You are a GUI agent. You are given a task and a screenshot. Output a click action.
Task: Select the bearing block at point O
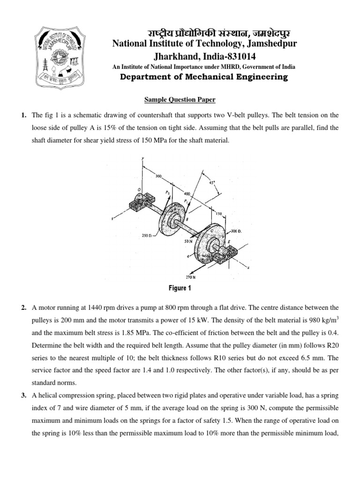[139, 203]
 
